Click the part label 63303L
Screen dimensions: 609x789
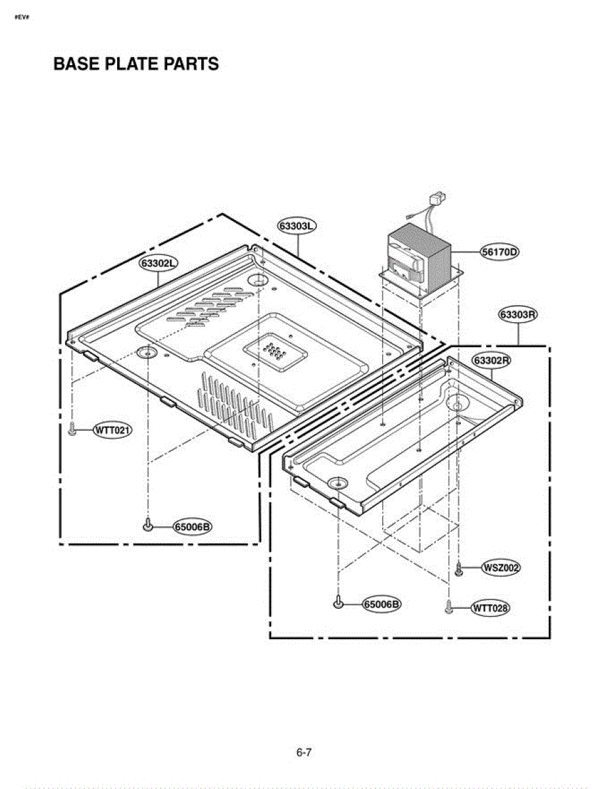click(x=297, y=226)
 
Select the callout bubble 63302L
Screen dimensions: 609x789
click(x=158, y=263)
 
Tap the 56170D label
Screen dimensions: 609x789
click(x=500, y=252)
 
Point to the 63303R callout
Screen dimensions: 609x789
click(x=518, y=314)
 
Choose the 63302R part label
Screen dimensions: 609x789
click(x=491, y=360)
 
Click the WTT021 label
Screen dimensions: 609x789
click(x=112, y=431)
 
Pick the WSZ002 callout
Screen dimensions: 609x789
click(x=500, y=567)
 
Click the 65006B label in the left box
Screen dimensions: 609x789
click(x=193, y=527)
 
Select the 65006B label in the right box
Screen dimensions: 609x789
click(x=382, y=604)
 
